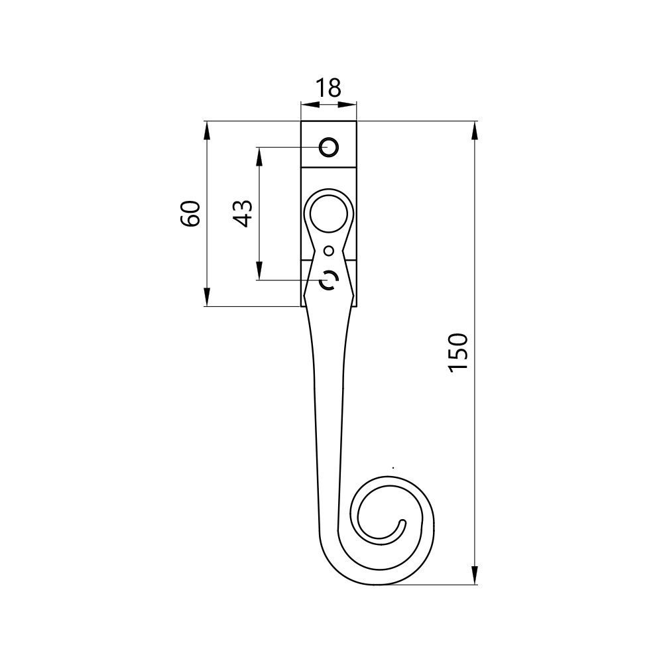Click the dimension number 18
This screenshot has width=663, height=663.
pos(328,88)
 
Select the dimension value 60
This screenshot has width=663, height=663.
pos(190,213)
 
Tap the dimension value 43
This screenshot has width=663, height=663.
pos(243,213)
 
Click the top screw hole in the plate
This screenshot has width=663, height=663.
pos(329,148)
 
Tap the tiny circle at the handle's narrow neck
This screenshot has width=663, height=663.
pos(329,251)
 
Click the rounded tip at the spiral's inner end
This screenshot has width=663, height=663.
pos(402,523)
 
